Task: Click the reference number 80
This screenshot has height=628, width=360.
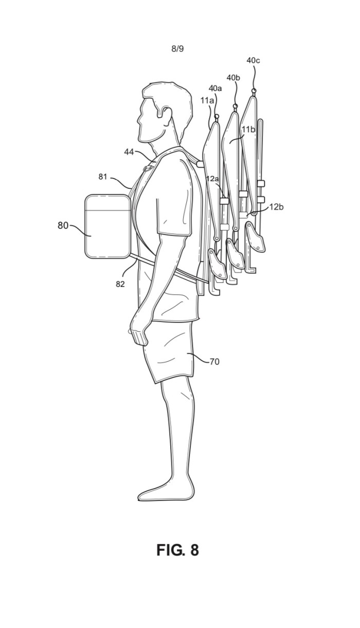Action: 63,225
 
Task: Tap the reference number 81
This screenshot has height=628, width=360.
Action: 103,176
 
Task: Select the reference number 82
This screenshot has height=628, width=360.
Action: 120,284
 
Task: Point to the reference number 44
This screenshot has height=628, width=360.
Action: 129,152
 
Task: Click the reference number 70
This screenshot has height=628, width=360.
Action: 214,362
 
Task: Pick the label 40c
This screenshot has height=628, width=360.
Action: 253,60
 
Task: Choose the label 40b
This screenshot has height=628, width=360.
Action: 233,78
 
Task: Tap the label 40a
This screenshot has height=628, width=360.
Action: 215,88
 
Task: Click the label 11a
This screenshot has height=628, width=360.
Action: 207,100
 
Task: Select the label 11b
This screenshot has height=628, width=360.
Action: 249,129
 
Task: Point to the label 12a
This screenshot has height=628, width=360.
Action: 212,178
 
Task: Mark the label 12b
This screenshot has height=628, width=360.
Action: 277,207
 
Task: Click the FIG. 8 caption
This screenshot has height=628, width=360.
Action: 178,550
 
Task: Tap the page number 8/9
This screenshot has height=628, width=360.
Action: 177,49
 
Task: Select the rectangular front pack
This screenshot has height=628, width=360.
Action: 107,226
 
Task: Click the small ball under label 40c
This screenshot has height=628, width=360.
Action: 254,91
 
